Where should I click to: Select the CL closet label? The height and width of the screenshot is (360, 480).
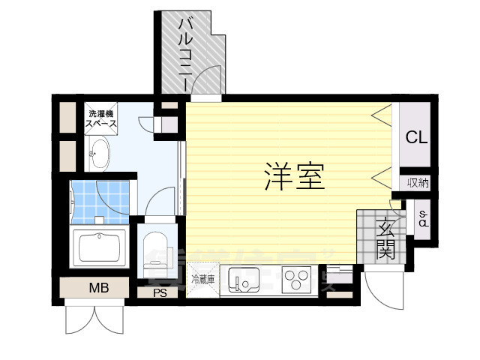point(416,138)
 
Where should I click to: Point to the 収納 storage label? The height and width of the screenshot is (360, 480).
point(418,182)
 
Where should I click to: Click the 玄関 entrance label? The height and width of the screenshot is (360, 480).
point(385,238)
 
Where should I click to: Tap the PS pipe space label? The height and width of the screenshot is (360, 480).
point(159,293)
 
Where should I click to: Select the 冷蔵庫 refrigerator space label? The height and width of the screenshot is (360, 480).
point(202,280)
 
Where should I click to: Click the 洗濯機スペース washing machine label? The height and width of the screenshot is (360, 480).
point(99,118)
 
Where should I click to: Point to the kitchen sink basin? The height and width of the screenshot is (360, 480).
point(244,281)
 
